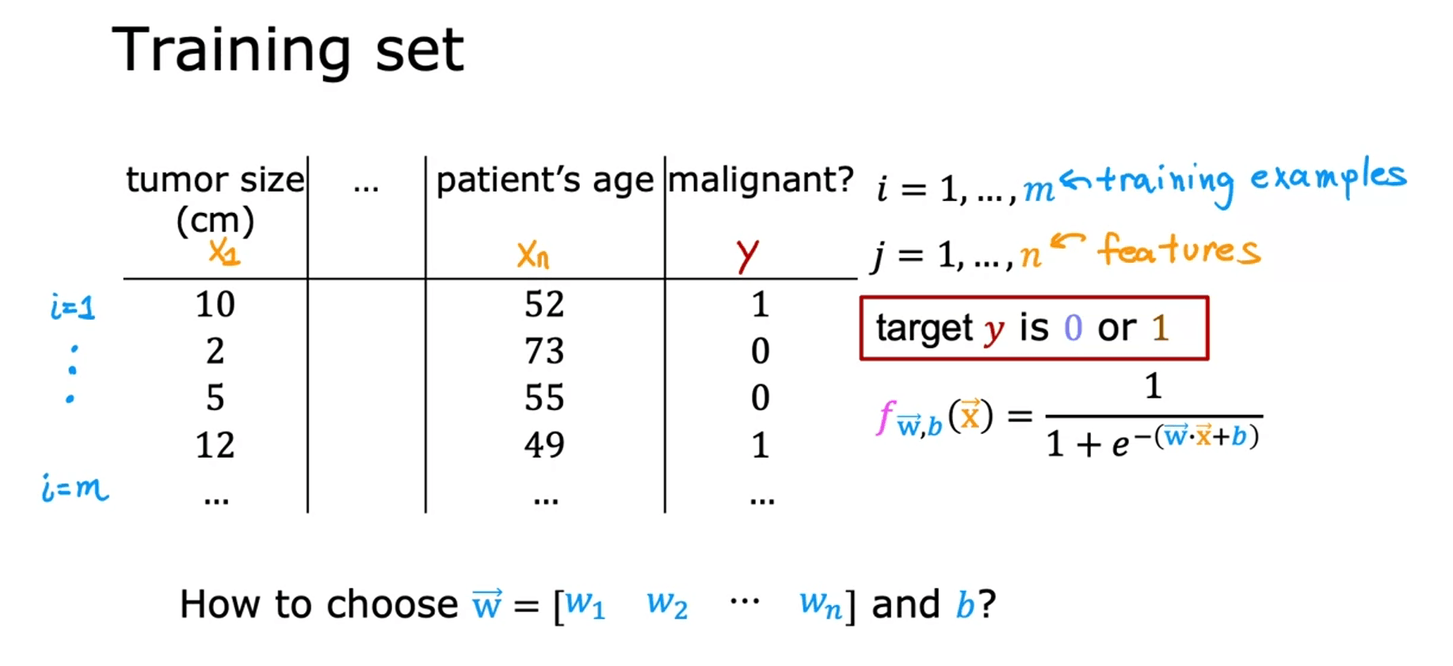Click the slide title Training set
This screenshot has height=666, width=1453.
(x=288, y=51)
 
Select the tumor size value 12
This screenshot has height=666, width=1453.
(x=215, y=445)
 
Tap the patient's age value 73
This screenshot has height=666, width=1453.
(x=544, y=351)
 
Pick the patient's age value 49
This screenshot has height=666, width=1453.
(x=544, y=445)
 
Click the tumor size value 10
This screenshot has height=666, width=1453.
(x=215, y=305)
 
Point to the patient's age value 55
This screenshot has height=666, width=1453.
(x=544, y=398)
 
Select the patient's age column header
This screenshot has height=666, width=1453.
(x=544, y=181)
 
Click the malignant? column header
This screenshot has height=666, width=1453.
(x=761, y=180)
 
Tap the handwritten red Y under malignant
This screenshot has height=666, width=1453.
(x=747, y=255)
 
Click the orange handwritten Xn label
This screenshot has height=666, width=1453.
(x=533, y=255)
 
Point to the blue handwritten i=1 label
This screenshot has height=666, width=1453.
(x=72, y=306)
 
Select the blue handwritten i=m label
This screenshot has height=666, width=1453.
(x=75, y=488)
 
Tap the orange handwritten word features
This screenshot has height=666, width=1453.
(x=1179, y=250)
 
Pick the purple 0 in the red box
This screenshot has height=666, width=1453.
(x=1073, y=328)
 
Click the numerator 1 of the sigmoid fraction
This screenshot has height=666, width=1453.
(x=1154, y=386)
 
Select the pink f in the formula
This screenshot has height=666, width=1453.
(x=885, y=417)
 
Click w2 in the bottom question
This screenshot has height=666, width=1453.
(x=667, y=605)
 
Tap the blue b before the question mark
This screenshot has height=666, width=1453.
(x=965, y=605)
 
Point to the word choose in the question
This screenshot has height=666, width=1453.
(x=392, y=605)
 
